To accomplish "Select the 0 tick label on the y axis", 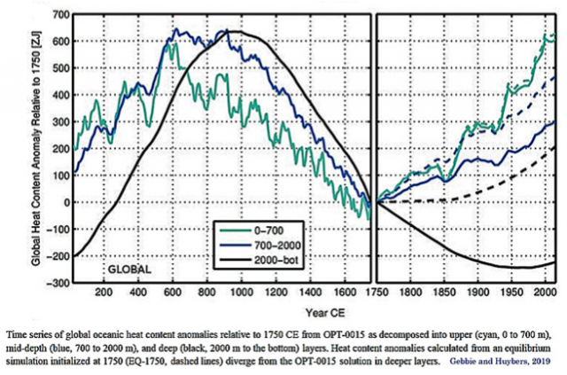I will (62, 202).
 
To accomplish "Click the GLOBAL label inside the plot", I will (129, 267).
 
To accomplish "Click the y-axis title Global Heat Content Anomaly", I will (36, 148).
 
